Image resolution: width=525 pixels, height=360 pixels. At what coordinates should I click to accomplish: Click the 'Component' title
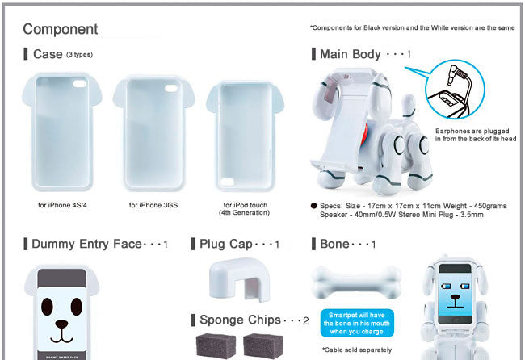click(61, 29)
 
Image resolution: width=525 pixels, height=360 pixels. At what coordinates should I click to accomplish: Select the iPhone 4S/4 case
click(62, 132)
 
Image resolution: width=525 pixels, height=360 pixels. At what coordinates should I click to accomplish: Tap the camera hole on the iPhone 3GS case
click(171, 88)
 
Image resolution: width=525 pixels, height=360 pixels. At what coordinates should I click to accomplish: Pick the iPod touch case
click(245, 136)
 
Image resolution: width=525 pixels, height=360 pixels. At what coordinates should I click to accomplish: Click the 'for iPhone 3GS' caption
click(153, 205)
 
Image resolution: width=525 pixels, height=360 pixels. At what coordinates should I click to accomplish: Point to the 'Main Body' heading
click(351, 54)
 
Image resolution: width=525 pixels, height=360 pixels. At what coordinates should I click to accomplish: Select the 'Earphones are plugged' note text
click(472, 131)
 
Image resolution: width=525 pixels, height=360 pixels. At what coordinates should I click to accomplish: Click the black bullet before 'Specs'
click(313, 206)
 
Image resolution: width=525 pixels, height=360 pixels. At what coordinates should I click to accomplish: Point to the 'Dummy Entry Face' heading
click(86, 244)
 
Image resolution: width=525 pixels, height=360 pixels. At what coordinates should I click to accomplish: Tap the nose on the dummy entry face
click(61, 324)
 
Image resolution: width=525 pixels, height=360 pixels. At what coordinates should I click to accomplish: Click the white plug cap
click(239, 278)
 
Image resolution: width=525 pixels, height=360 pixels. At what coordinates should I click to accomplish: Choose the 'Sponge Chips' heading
click(240, 320)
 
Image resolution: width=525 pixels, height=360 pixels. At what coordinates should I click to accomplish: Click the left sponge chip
click(216, 345)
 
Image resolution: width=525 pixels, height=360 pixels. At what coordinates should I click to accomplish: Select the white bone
click(356, 283)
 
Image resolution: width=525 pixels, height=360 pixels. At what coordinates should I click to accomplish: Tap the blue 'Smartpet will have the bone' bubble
click(356, 323)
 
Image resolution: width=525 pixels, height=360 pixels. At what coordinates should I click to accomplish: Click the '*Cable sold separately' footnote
click(357, 350)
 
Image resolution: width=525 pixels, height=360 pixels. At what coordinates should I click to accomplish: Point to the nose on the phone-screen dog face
click(455, 297)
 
